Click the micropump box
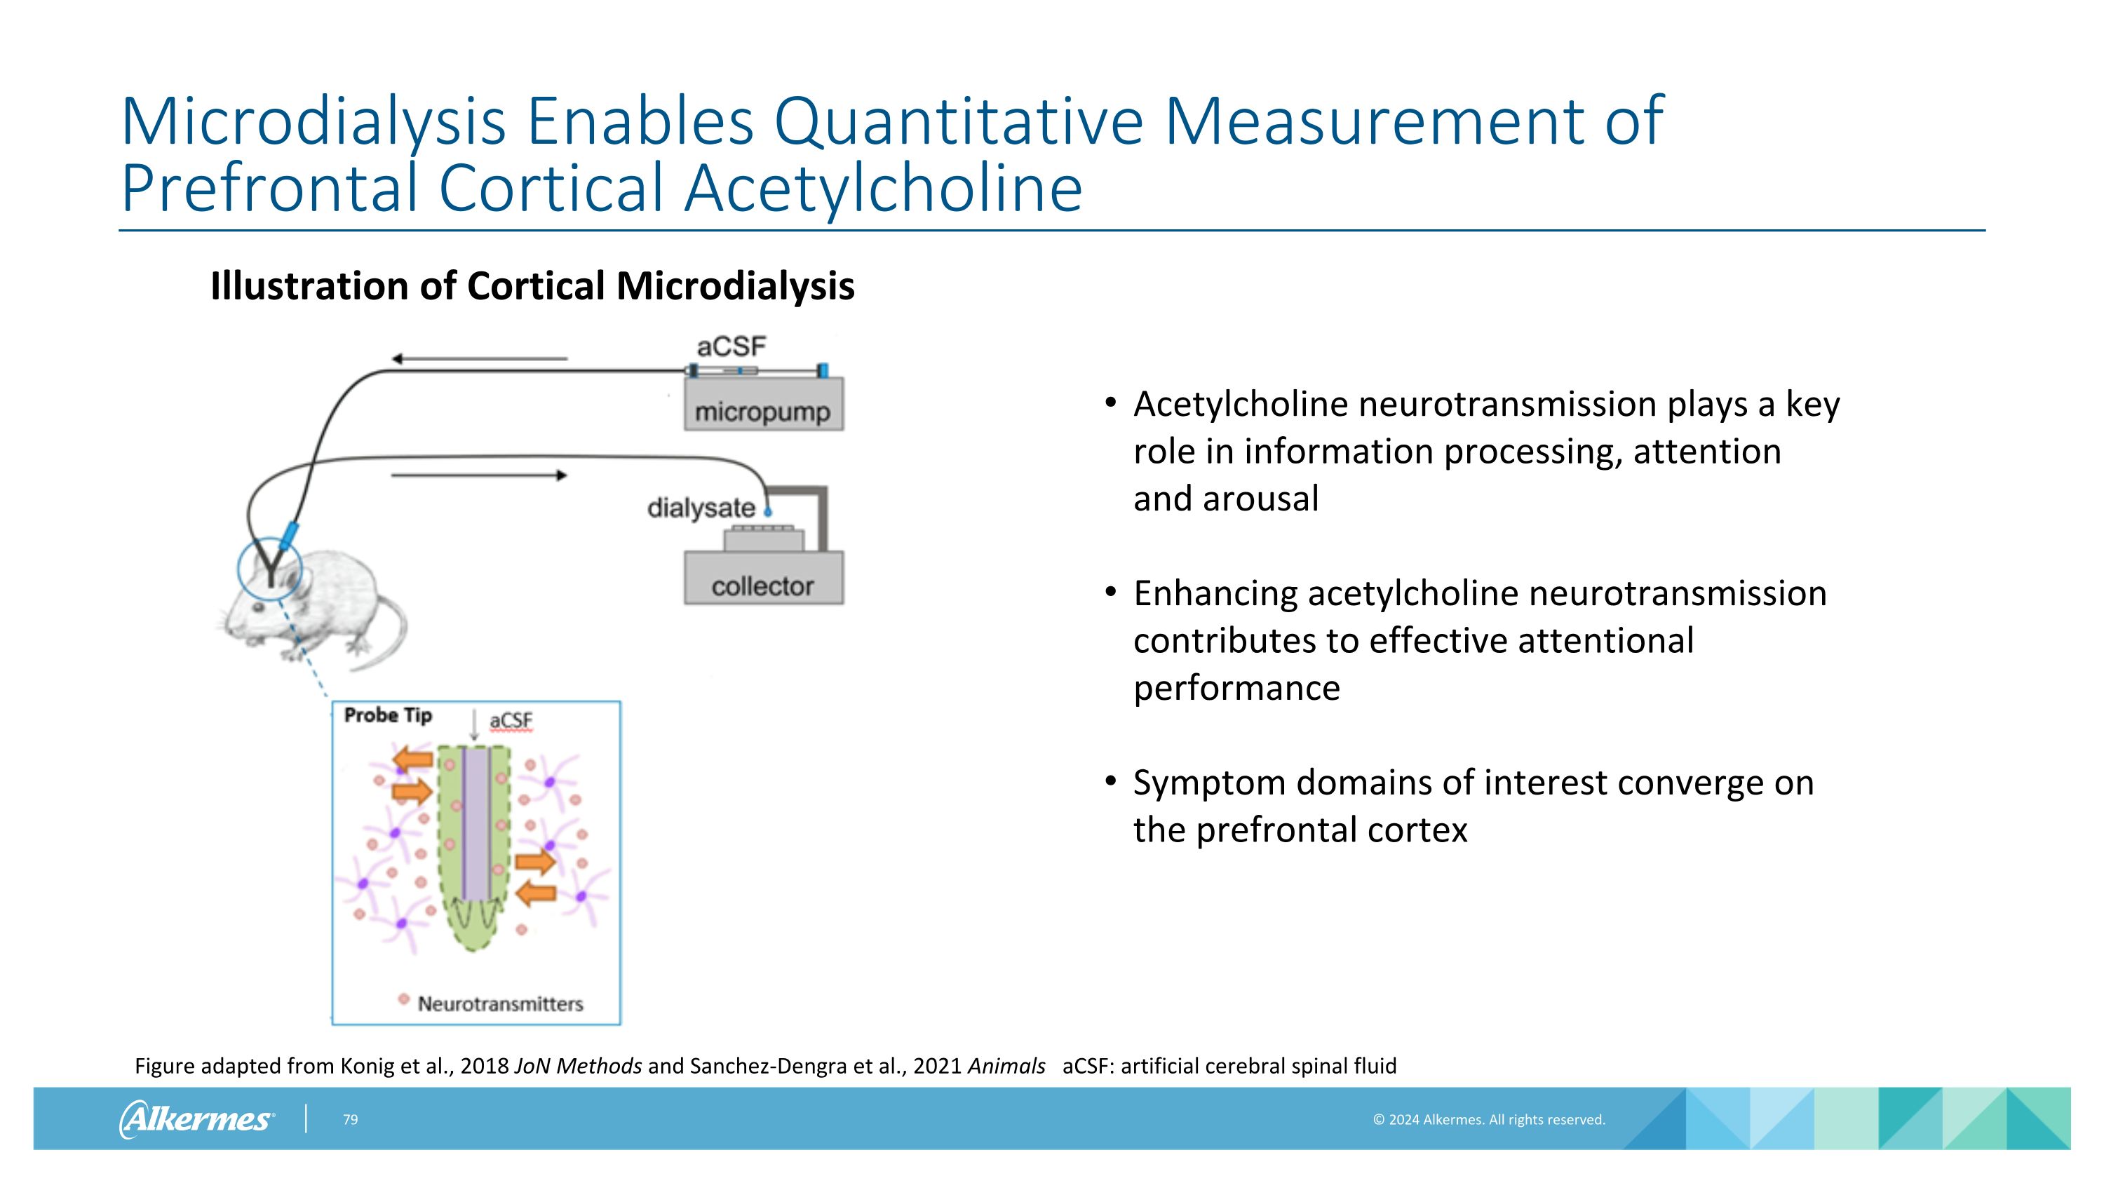click(x=763, y=405)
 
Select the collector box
click(x=763, y=580)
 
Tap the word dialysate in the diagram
click(x=701, y=508)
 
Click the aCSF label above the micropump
click(x=731, y=347)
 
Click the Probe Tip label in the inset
click(x=387, y=715)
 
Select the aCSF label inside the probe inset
click(x=511, y=720)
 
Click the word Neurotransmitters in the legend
click(x=500, y=1003)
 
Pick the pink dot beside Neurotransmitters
click(x=403, y=999)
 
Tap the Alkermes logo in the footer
click(x=196, y=1118)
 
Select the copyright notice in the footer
click(x=1488, y=1119)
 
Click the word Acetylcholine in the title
click(x=883, y=188)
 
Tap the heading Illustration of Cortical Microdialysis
click(x=532, y=285)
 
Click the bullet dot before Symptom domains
click(x=1110, y=781)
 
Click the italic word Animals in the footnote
click(x=1006, y=1065)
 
